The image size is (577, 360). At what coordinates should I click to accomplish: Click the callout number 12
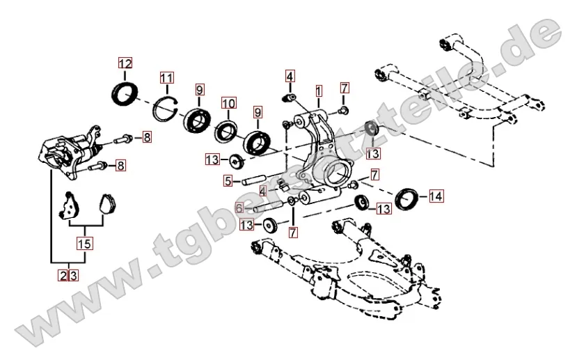tap(125, 64)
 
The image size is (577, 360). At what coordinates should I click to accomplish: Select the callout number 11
tap(167, 77)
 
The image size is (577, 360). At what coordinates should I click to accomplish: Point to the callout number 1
tap(319, 91)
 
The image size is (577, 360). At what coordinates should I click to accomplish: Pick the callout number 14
tap(435, 196)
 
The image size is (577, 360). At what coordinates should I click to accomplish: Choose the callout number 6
tap(239, 208)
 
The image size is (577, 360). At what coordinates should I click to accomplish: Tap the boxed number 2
tap(63, 274)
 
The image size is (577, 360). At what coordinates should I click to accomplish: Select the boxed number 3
tap(72, 274)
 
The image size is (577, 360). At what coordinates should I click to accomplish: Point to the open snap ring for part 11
tap(165, 108)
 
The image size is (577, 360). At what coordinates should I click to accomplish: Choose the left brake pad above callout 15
tap(70, 206)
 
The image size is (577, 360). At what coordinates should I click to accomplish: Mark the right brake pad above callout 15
tap(108, 203)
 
